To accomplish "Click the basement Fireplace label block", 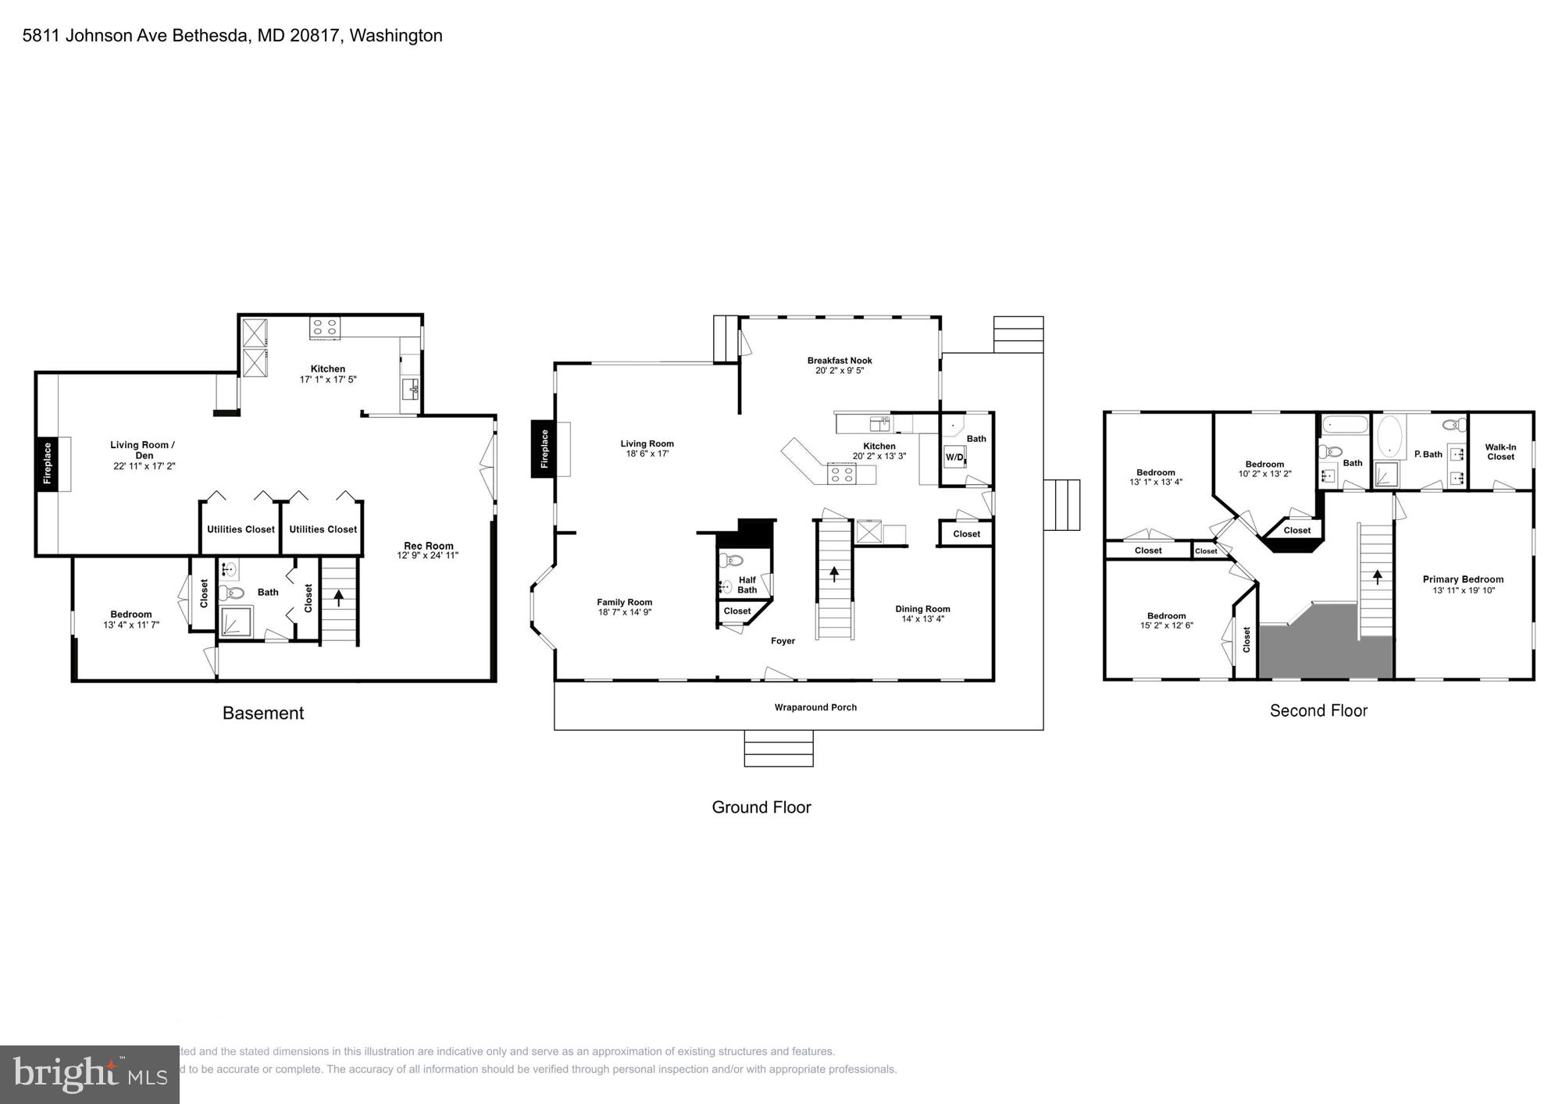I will coord(47,463).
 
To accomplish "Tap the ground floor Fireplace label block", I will coord(544,449).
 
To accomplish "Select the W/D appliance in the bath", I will coord(954,457).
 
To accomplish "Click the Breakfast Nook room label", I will coord(840,361).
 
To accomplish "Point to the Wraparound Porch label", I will coord(815,707).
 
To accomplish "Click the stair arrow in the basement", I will coord(338,598).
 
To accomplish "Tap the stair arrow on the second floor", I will coord(1377,577).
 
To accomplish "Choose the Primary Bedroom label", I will coord(1462,579).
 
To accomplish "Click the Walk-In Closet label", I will coord(1500,452).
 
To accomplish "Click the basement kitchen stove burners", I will coord(324,327).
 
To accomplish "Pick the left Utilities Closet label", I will coord(241,529).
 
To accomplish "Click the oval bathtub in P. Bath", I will coord(1389,438).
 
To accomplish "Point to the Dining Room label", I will coord(922,609).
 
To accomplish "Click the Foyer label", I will coord(783,641).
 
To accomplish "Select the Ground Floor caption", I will coord(761,807).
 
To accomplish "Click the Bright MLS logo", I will coord(90,1075).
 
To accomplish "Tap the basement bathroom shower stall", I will coord(235,622).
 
